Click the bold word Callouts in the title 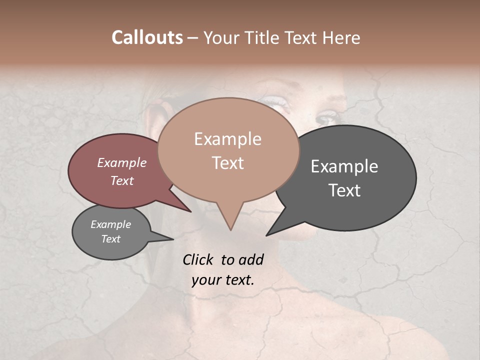click(x=147, y=37)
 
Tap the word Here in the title click(x=341, y=37)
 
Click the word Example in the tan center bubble click(x=227, y=139)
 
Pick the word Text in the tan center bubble click(x=227, y=163)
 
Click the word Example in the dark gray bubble click(x=344, y=166)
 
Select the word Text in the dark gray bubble click(x=344, y=190)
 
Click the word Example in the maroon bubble click(x=122, y=162)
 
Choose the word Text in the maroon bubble click(x=122, y=180)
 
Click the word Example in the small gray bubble click(x=110, y=224)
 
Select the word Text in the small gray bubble click(x=110, y=239)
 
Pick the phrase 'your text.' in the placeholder click(x=223, y=280)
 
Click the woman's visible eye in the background click(x=328, y=119)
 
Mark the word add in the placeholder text click(x=251, y=259)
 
